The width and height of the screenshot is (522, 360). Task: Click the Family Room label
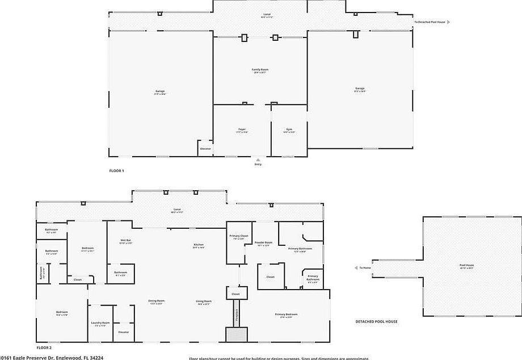point(260,70)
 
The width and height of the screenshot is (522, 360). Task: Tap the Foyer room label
point(242,129)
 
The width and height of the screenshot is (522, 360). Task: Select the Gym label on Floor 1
point(289,129)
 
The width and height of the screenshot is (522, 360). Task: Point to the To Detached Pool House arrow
point(449,22)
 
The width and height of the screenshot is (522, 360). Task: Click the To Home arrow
point(356,268)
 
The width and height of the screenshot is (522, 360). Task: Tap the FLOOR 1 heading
point(116,170)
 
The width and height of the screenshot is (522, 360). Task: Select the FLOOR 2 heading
point(44,347)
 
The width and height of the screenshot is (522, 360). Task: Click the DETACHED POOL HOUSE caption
point(376,321)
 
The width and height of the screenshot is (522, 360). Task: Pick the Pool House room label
point(466,265)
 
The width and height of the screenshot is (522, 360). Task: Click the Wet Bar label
point(125,241)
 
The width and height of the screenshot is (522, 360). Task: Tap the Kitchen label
point(198,245)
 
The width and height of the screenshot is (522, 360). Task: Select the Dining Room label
point(157,301)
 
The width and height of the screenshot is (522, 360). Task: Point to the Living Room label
point(204,301)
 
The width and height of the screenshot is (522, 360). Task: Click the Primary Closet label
point(239,236)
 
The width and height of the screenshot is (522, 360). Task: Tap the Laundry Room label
point(100,323)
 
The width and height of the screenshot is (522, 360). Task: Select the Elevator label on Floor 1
point(205,149)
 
